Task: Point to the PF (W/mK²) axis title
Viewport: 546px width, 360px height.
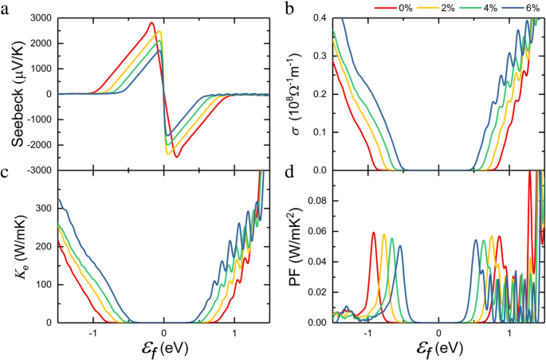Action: click(297, 248)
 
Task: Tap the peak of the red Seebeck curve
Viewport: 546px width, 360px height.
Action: click(151, 23)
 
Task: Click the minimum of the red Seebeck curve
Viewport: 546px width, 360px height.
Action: click(176, 157)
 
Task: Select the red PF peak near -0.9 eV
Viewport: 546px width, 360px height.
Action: click(374, 233)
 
